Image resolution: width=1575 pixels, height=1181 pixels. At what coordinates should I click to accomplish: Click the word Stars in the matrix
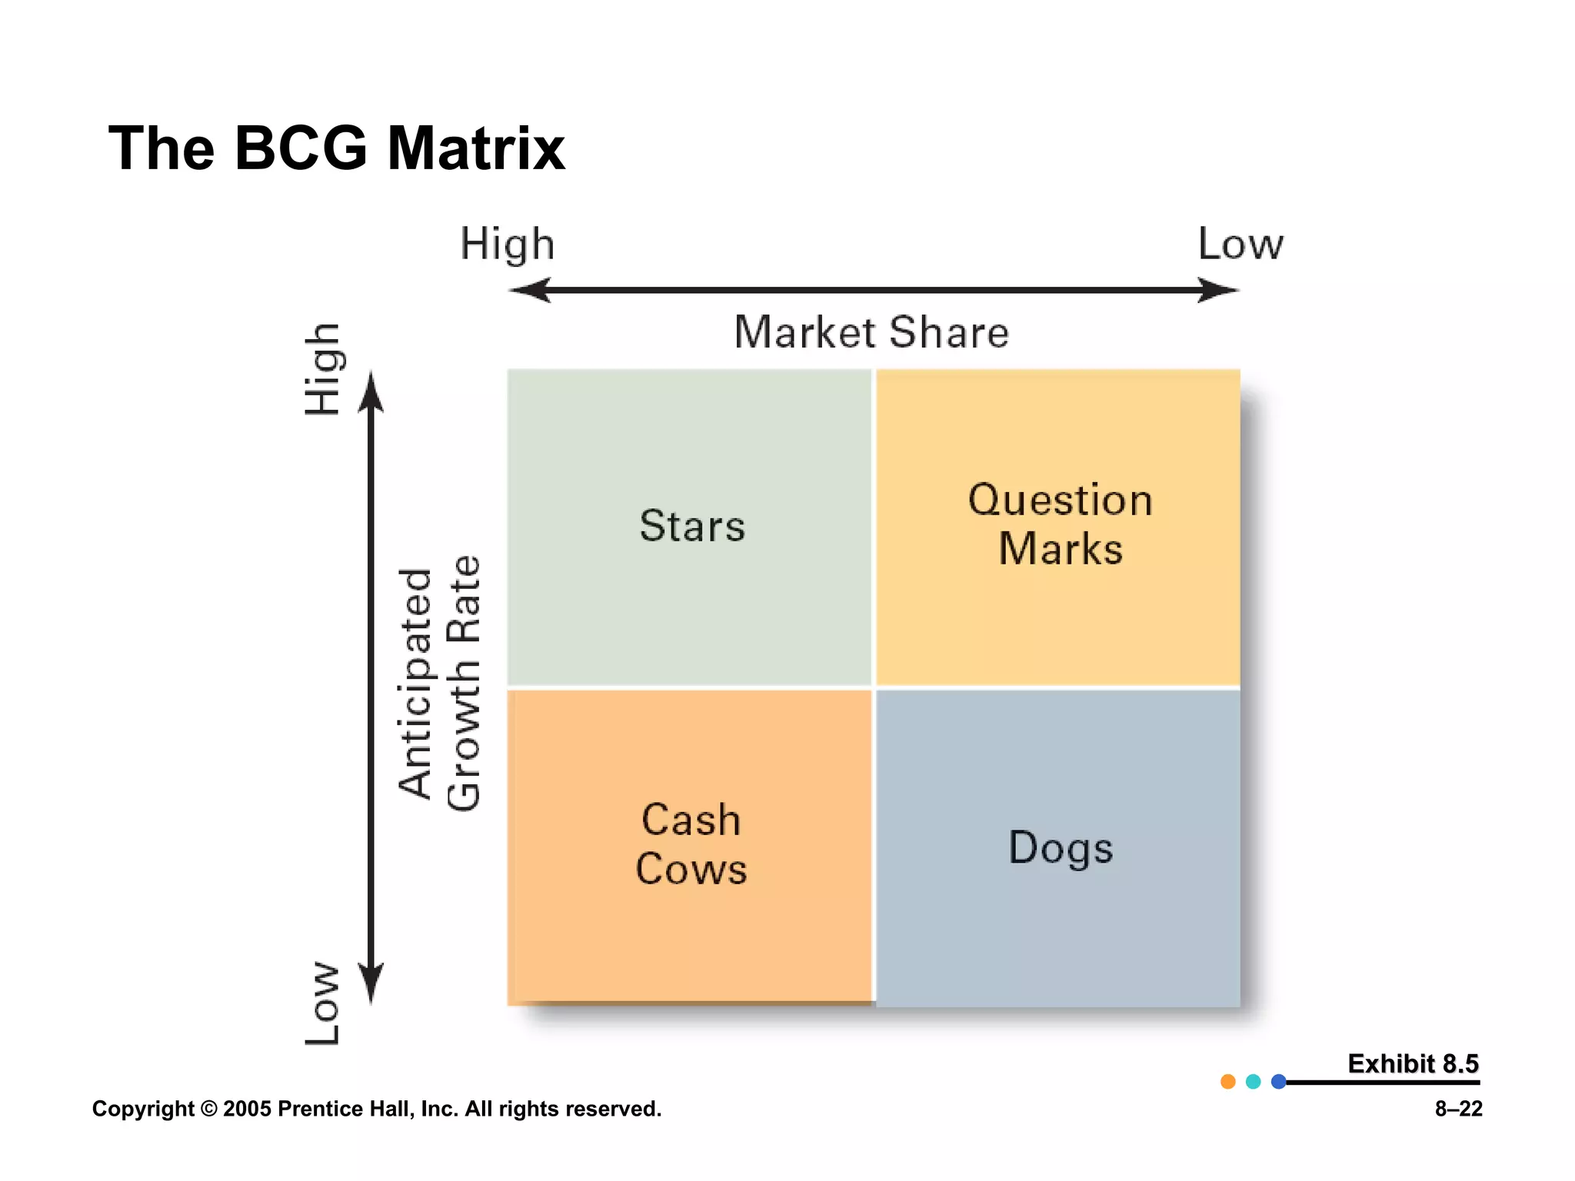692,527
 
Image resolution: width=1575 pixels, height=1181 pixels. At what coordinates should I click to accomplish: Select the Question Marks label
1060,524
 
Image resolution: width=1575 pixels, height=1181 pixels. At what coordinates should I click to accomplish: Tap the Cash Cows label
691,844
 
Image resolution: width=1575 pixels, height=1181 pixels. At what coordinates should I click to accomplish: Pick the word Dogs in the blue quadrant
1060,848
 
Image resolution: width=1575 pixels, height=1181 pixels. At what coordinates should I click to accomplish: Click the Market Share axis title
871,332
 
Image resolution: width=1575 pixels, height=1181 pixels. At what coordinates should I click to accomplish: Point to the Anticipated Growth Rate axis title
439,684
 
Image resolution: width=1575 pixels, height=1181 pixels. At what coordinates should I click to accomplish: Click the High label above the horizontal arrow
507,245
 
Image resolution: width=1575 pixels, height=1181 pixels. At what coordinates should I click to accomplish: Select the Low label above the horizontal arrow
1240,245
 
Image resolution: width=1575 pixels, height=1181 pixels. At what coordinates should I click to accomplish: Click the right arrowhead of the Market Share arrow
1219,291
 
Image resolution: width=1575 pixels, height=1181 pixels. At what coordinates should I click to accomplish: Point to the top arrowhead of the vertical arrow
371,392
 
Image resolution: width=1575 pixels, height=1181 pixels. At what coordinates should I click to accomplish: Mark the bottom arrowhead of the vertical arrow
371,984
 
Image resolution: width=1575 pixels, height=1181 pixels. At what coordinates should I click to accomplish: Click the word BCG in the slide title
301,148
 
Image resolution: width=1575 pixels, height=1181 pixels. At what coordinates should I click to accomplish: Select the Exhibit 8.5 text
1413,1063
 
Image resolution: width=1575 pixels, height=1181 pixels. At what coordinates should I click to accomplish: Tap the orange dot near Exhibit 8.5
1228,1082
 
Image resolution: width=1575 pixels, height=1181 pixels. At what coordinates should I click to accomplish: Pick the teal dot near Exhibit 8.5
1254,1082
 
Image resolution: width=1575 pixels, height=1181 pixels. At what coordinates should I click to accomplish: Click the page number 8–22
1458,1109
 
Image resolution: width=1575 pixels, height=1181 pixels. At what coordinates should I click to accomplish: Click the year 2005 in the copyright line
246,1109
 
